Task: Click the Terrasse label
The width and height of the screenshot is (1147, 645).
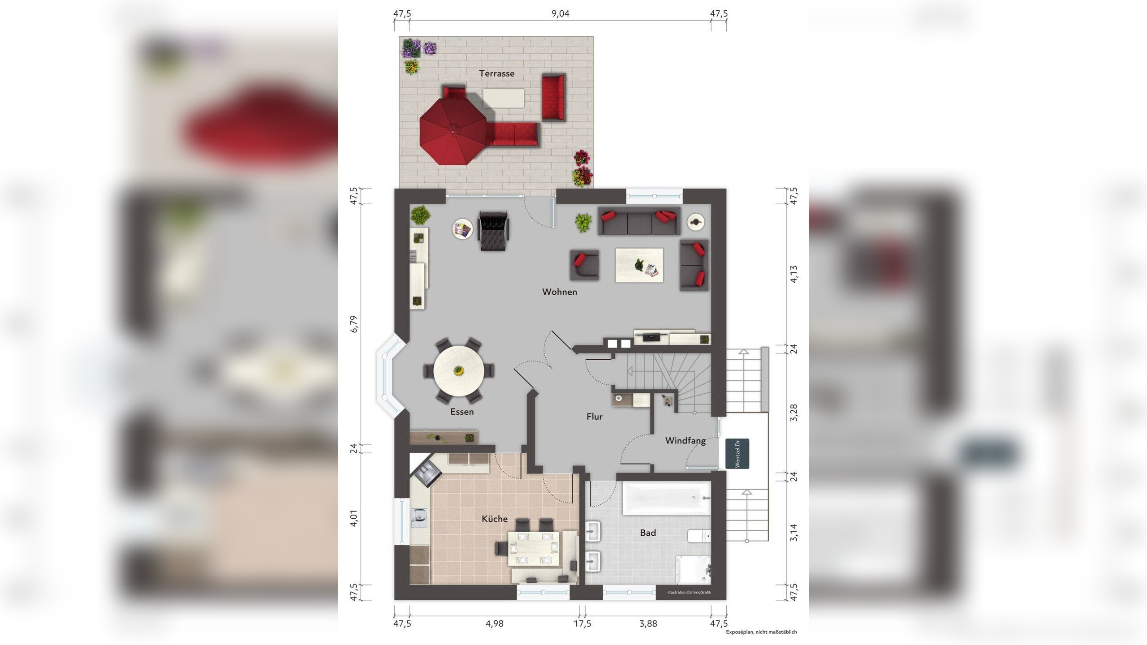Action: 496,73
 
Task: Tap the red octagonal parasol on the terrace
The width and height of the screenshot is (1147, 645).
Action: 453,132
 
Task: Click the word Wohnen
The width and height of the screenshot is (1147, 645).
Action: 560,292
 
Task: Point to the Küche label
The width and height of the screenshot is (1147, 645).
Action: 495,519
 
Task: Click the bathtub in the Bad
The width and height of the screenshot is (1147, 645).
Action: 667,498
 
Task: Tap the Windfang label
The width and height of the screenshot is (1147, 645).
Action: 686,441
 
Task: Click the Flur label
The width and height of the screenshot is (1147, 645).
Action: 595,417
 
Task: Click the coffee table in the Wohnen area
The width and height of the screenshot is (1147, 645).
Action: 639,266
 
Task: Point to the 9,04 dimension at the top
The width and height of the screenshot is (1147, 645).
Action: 560,13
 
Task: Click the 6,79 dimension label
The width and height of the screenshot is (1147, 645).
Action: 354,324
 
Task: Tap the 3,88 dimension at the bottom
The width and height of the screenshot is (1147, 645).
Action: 648,623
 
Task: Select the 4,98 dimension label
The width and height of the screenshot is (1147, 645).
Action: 495,623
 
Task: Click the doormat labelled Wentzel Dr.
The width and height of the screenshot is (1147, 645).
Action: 737,454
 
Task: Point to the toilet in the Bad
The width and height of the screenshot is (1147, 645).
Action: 699,536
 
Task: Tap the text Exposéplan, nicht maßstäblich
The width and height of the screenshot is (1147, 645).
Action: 762,632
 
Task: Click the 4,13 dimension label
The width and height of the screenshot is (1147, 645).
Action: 793,274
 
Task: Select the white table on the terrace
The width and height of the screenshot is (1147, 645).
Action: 504,98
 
